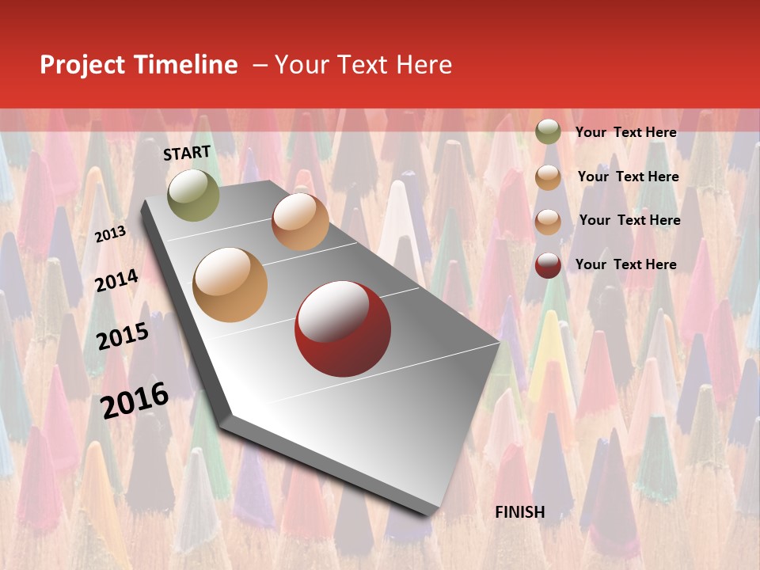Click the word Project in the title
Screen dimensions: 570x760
coord(82,65)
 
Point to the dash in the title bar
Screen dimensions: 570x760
coord(260,65)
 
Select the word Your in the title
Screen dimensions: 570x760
coord(302,65)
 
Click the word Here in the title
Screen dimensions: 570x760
coord(424,65)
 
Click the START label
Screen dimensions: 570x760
coord(187,153)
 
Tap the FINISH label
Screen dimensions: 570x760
coord(520,512)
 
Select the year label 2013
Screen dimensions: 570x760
coord(110,234)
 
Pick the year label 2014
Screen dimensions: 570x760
coord(116,281)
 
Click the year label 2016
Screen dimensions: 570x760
coord(135,400)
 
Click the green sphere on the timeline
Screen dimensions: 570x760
coord(193,195)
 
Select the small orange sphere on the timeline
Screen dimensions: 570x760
coord(300,221)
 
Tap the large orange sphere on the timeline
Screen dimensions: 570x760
coord(230,284)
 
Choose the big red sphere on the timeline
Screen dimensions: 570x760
coord(343,328)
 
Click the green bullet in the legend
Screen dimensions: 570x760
coord(548,131)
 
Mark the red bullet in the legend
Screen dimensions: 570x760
coord(548,265)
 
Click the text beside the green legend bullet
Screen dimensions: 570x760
coord(625,132)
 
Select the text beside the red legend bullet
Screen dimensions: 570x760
coord(625,264)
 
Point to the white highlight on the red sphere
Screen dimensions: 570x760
coord(332,310)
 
